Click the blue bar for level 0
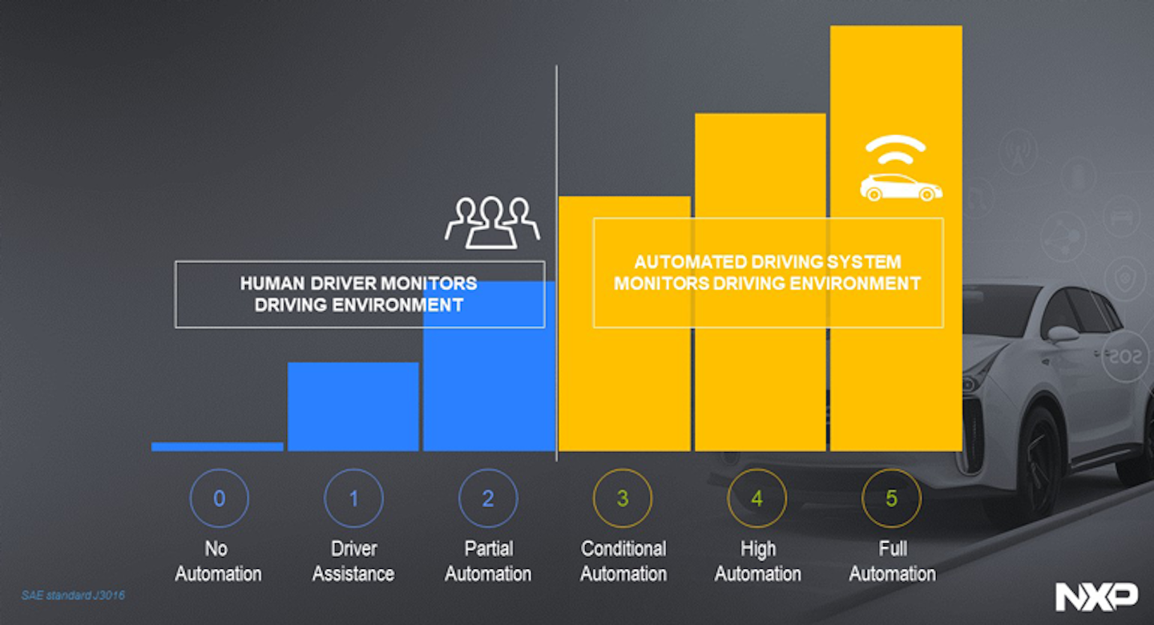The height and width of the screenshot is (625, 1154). point(217,446)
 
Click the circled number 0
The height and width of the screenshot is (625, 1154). point(219,498)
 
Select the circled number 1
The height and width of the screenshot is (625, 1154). point(353,498)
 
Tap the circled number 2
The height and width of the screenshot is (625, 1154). point(488,498)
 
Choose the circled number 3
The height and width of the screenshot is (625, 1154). point(623,498)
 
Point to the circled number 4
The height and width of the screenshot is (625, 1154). point(757,498)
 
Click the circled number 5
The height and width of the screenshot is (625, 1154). point(891,498)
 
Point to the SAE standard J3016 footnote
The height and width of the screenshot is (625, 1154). point(73,595)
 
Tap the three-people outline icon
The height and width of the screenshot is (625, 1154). point(492,221)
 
